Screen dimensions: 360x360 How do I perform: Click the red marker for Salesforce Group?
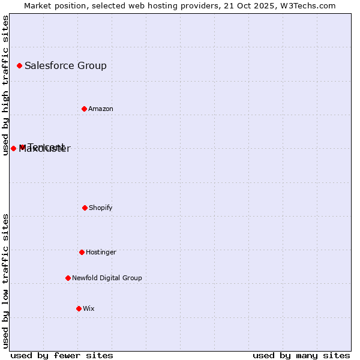pyautogui.click(x=19, y=65)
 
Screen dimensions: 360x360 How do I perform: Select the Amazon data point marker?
pyautogui.click(x=84, y=109)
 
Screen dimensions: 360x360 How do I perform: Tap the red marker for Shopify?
pyautogui.click(x=85, y=208)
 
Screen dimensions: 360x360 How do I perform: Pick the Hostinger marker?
pyautogui.click(x=82, y=252)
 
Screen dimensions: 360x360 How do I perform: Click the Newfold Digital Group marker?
pyautogui.click(x=68, y=278)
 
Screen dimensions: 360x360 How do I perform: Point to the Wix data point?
pyautogui.click(x=79, y=308)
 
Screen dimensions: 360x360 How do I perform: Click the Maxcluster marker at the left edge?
pyautogui.click(x=13, y=148)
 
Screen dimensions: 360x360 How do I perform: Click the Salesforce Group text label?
pyautogui.click(x=65, y=65)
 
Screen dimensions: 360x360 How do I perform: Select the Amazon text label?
pyautogui.click(x=100, y=109)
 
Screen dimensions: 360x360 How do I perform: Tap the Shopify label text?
pyautogui.click(x=100, y=208)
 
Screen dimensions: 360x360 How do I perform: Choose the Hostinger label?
pyautogui.click(x=101, y=252)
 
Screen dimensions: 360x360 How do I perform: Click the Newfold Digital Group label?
pyautogui.click(x=107, y=278)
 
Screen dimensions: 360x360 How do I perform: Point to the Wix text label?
pyautogui.click(x=88, y=308)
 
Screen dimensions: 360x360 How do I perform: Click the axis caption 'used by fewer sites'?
pyautogui.click(x=62, y=355)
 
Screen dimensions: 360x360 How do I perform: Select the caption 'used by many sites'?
pyautogui.click(x=301, y=355)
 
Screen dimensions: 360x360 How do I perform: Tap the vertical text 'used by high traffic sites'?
pyautogui.click(x=5, y=85)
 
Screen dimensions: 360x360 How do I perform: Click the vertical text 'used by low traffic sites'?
pyautogui.click(x=5, y=281)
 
